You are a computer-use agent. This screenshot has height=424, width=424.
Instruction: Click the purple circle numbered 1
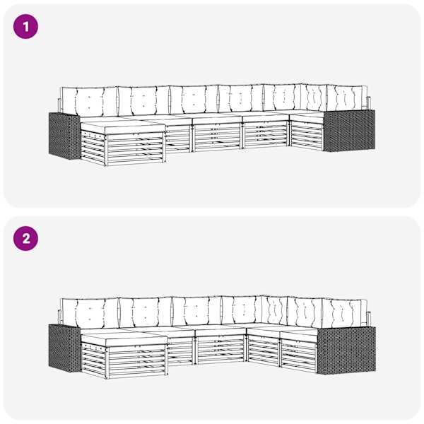coord(25,27)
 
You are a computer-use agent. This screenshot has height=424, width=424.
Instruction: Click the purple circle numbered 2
coord(25,239)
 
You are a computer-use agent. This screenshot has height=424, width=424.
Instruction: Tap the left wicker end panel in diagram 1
coord(64,136)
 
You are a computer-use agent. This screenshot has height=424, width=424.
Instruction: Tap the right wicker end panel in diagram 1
coord(349,130)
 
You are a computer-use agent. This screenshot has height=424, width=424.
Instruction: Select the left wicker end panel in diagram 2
coord(64,348)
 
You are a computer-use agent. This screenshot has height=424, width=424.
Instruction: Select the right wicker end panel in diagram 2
coord(346,351)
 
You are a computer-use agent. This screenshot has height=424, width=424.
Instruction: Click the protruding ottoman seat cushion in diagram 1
coord(123,126)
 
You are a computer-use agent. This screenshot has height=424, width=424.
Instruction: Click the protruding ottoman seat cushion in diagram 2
coord(124,339)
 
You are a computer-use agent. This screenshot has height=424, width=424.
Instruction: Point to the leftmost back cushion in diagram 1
coord(89,101)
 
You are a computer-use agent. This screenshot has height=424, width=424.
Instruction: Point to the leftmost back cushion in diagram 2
coord(90,313)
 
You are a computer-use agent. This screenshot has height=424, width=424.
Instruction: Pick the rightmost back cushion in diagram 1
coord(347,98)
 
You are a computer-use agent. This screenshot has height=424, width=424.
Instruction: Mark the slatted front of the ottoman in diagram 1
coord(135,148)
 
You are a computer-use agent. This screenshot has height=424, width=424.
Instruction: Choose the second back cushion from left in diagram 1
coord(144,100)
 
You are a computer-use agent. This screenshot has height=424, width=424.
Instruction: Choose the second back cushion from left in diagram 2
coord(146,312)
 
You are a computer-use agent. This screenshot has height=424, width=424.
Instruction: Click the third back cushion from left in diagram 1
coord(194,99)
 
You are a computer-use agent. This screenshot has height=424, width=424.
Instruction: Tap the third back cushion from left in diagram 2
coord(197,311)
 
